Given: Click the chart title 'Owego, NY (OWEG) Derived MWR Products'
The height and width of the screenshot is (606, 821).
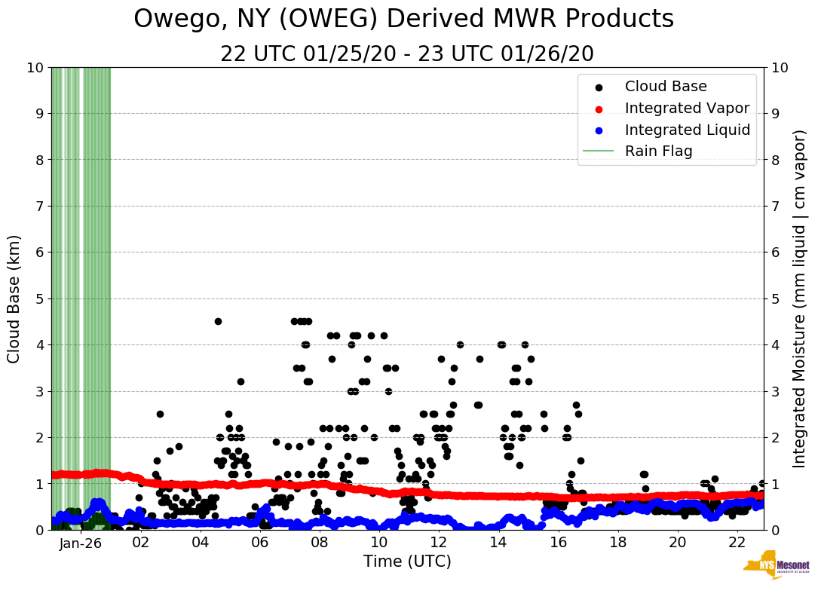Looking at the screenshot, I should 403,20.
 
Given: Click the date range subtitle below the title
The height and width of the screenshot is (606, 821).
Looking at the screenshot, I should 407,54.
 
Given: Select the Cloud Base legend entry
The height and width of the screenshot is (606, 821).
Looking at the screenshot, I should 666,87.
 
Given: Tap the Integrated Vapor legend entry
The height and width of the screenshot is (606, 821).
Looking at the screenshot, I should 687,108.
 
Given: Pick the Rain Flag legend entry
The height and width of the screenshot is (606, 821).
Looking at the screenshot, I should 658,151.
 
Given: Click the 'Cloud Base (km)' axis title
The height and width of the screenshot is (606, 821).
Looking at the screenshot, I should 14,298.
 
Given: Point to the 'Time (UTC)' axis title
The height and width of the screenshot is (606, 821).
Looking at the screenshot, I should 407,562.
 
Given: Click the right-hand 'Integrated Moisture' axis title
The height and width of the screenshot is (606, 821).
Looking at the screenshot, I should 800,298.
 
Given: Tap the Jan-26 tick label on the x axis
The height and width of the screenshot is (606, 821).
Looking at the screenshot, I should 81,543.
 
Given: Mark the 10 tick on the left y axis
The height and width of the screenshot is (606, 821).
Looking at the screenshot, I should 35,67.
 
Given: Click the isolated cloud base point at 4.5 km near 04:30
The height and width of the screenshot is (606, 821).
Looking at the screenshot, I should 218,321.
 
